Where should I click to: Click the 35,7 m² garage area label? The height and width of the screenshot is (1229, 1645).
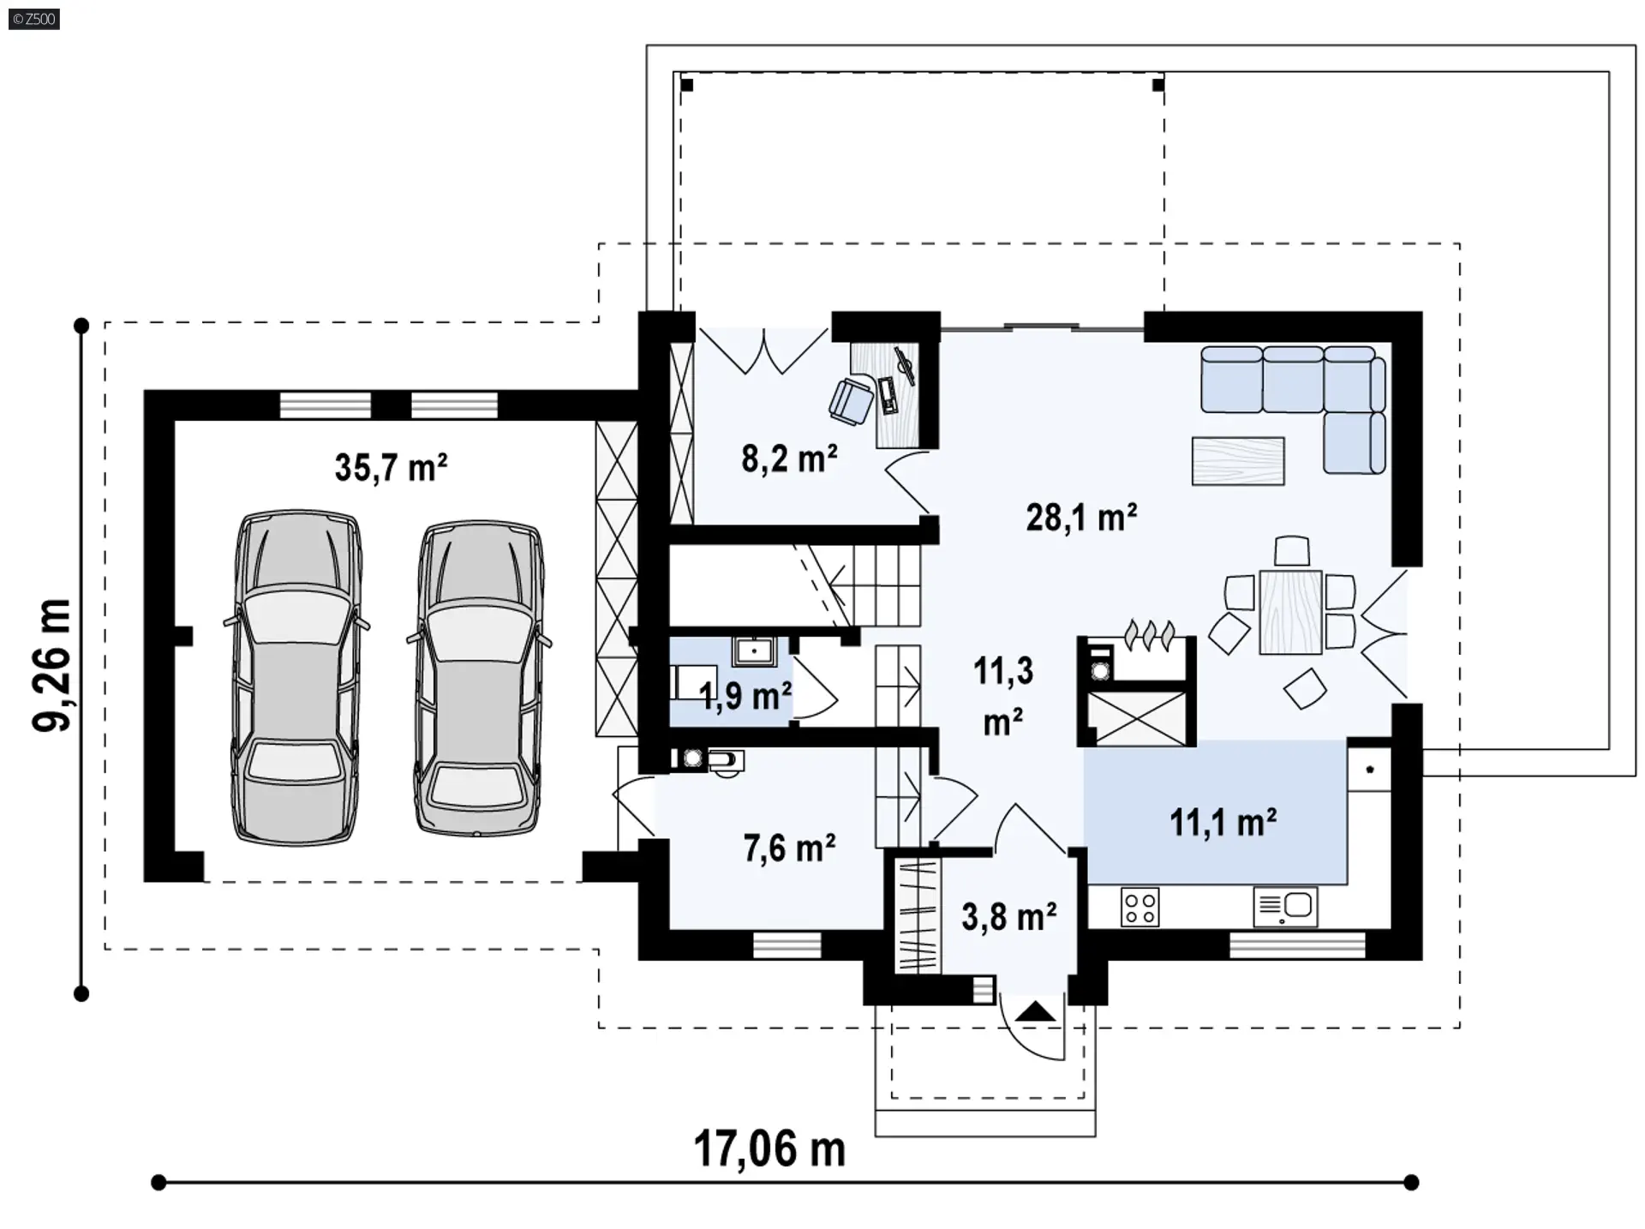(x=391, y=468)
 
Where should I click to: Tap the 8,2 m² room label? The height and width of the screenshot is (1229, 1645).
(x=789, y=459)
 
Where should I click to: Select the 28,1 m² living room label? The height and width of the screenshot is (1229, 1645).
(x=1081, y=518)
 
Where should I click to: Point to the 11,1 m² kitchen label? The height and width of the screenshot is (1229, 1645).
(x=1223, y=823)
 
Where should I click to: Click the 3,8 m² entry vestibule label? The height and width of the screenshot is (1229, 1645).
(x=1008, y=917)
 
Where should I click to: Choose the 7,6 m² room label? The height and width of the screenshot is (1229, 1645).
(x=789, y=848)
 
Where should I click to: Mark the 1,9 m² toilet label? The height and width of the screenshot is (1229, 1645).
(x=745, y=697)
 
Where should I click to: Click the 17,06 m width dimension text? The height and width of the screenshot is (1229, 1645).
(x=769, y=1148)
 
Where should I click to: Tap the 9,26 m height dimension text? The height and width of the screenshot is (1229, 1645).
(x=52, y=665)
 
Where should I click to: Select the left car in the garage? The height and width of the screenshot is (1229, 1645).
(x=296, y=677)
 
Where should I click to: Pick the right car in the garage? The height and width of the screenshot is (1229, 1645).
(x=479, y=677)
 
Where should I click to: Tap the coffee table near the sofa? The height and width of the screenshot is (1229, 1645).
(x=1238, y=461)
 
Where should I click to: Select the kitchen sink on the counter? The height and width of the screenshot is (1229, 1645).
(x=1285, y=907)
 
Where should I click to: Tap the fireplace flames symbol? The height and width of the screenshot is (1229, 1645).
(x=1148, y=634)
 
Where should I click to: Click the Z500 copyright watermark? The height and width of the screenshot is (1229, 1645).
(x=34, y=18)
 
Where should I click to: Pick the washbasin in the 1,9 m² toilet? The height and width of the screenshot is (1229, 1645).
(x=754, y=651)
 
